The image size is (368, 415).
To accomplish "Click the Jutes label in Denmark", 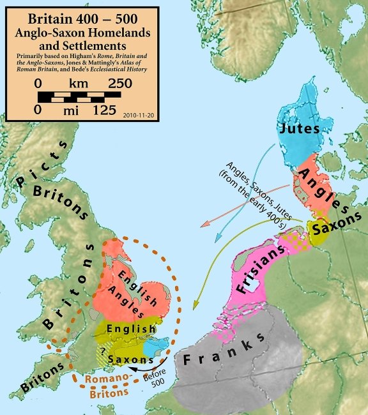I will pos(298,128).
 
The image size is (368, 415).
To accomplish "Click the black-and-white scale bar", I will pos(80,97).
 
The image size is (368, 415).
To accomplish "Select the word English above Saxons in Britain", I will pos(131,329).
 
